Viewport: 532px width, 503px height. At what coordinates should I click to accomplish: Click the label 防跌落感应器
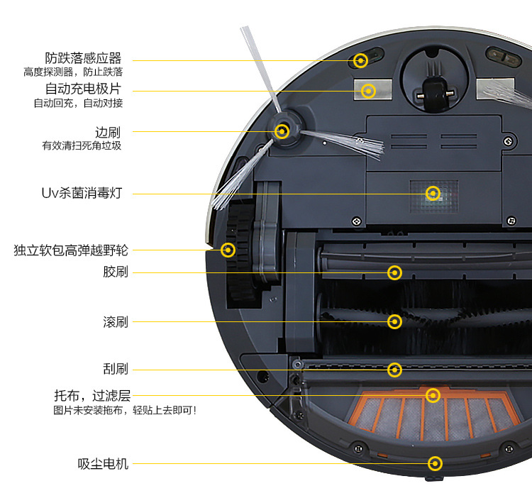click(x=83, y=58)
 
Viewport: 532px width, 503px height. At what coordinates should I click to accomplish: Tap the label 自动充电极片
click(x=83, y=89)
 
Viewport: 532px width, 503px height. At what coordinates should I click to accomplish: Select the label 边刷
click(x=108, y=132)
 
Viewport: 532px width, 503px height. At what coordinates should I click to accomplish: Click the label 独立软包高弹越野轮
click(x=71, y=250)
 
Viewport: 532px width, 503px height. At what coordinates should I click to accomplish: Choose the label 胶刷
click(x=116, y=272)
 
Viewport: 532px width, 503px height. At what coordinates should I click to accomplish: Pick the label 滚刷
click(x=116, y=322)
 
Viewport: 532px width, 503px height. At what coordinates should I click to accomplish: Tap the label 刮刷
click(x=116, y=369)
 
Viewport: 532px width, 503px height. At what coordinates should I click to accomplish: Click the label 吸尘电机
click(x=103, y=464)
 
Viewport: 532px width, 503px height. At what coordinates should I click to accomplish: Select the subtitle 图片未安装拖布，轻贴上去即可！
click(x=125, y=410)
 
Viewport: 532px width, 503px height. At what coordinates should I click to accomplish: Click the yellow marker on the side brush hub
click(x=282, y=131)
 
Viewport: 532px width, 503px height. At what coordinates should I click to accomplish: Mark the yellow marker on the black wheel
click(x=228, y=250)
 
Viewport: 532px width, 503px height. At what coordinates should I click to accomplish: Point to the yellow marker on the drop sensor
click(x=360, y=60)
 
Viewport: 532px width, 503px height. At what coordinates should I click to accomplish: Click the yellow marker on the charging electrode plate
click(x=368, y=90)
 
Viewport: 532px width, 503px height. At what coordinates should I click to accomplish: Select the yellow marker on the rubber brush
click(x=395, y=272)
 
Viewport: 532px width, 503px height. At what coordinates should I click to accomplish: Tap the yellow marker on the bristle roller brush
click(x=395, y=322)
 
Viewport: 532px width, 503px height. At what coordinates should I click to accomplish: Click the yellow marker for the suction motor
click(x=435, y=464)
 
